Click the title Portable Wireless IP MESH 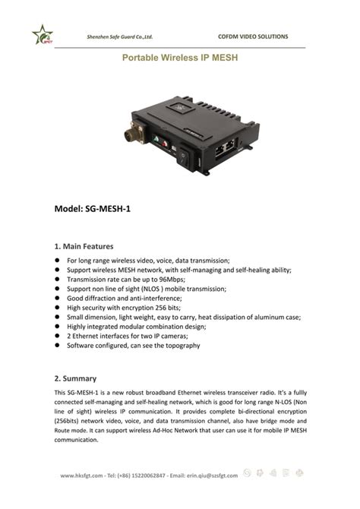[179, 58]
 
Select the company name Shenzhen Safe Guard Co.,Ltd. [121, 36]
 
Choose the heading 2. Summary [75, 378]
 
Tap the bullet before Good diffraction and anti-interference [57, 299]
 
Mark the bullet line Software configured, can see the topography [134, 345]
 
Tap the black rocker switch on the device [183, 158]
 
